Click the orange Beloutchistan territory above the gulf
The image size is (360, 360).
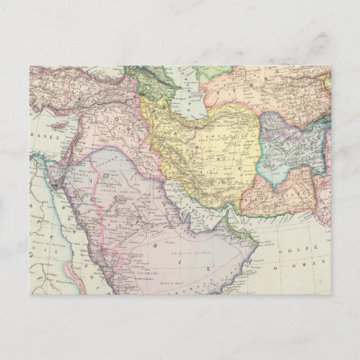278,194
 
